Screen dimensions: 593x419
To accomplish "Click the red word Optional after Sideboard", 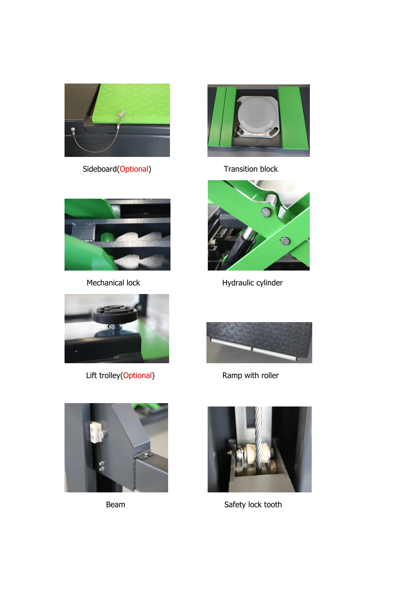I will [134, 169].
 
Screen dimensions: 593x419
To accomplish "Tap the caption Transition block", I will [251, 169].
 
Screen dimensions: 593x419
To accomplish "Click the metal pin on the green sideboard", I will [121, 113].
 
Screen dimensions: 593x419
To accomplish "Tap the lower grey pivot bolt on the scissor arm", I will [285, 241].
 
